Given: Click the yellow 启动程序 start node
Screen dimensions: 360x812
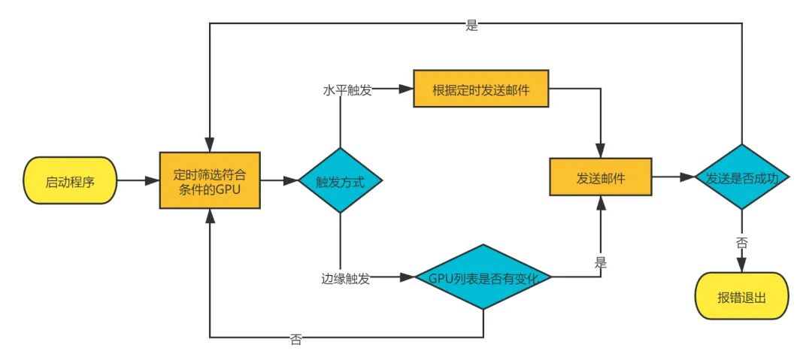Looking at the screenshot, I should click(x=70, y=180).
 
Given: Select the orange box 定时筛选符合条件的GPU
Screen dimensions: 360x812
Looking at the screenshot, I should click(x=210, y=180).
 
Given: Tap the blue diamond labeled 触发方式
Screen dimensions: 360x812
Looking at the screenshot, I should click(x=341, y=181).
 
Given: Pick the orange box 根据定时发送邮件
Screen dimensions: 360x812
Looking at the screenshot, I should click(x=481, y=89).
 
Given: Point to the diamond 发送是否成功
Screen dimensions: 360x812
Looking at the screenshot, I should click(x=742, y=178).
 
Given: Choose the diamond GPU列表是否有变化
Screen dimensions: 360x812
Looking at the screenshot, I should click(x=483, y=277).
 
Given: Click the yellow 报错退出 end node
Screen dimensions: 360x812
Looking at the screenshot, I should click(x=742, y=294).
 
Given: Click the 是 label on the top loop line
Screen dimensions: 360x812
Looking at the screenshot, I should click(x=472, y=26).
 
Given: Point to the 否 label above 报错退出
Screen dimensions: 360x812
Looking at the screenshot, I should click(x=742, y=243).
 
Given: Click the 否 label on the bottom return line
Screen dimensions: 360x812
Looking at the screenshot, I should click(x=296, y=339).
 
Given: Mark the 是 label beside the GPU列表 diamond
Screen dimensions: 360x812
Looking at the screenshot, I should click(x=601, y=263).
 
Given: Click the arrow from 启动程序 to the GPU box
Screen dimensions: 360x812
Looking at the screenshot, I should click(x=138, y=180).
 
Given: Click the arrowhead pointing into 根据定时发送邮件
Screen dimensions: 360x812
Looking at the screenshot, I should click(x=407, y=89).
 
